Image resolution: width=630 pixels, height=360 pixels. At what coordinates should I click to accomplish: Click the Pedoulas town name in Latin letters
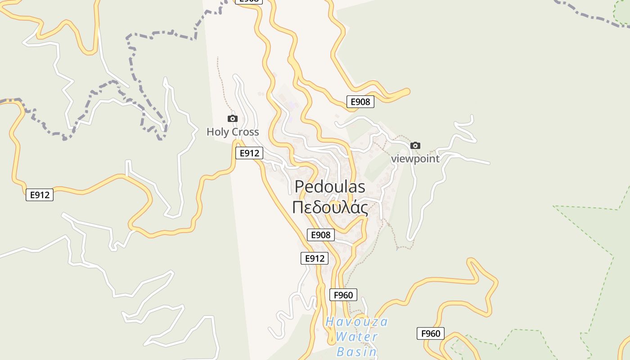pos(329,187)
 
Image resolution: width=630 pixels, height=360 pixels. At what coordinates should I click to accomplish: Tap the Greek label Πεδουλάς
pos(329,208)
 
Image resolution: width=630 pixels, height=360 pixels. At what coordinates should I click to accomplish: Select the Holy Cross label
pos(233,132)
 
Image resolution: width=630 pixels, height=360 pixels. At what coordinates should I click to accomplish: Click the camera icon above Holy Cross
pos(233,118)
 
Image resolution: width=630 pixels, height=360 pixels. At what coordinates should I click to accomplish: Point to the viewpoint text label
pos(415,159)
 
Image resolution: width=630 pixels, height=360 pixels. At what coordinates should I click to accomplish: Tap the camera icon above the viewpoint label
pos(415,145)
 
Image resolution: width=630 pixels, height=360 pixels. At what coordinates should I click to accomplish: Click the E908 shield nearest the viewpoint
pos(360,102)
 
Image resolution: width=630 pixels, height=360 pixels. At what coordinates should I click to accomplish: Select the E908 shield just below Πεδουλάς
pos(321,234)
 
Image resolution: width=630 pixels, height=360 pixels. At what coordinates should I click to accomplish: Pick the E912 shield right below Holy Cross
pos(249,153)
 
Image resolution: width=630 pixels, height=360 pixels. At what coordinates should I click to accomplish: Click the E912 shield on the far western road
pos(40,195)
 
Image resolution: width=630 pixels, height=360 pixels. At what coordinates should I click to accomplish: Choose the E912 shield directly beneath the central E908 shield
pos(315,258)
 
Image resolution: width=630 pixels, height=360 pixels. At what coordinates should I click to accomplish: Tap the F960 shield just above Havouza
pos(343,295)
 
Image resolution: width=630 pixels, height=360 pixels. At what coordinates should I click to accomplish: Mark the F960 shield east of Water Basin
pos(431,333)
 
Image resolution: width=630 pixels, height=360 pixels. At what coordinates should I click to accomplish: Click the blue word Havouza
pos(356,322)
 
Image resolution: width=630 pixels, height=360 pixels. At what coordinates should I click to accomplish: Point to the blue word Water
pos(356,337)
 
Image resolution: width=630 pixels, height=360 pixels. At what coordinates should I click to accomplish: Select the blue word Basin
pos(356,351)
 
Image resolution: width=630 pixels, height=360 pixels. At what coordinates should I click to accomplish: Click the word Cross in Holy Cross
pos(244,132)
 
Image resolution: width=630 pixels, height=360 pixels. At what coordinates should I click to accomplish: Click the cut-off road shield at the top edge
pos(249,1)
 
